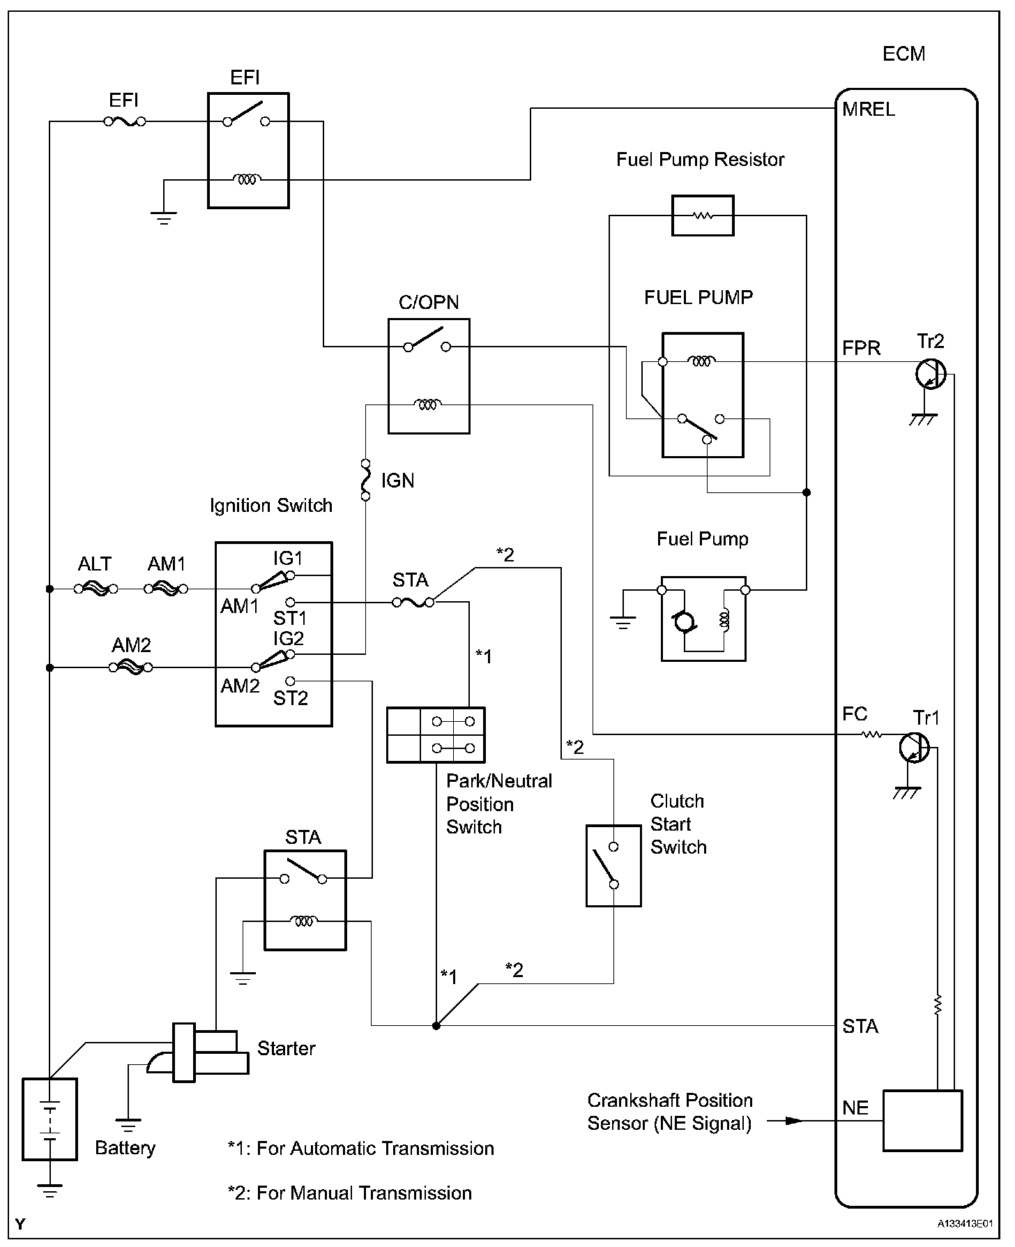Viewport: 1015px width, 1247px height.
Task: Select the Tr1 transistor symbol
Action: [913, 748]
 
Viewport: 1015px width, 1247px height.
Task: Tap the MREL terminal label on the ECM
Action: [869, 109]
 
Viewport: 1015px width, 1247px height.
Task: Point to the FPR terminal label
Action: [862, 348]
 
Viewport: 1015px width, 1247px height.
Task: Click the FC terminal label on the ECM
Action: [855, 714]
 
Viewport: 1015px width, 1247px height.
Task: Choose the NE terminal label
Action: [855, 1108]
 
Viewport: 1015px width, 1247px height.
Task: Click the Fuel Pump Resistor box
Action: [702, 216]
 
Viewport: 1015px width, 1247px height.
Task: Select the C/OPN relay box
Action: [429, 376]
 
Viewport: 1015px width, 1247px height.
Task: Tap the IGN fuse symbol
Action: [365, 480]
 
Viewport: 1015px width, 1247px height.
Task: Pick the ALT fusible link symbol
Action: [96, 589]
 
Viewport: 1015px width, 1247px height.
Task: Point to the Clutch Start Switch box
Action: [613, 866]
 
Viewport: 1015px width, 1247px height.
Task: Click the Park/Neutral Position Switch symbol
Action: [436, 735]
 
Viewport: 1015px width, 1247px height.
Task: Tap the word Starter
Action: [286, 1048]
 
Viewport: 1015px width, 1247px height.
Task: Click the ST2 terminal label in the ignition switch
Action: [290, 698]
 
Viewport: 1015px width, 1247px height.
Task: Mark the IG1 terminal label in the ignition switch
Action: [288, 559]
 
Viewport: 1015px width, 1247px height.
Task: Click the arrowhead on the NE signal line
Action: [793, 1121]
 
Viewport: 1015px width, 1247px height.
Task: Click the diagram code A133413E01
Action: [966, 1223]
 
